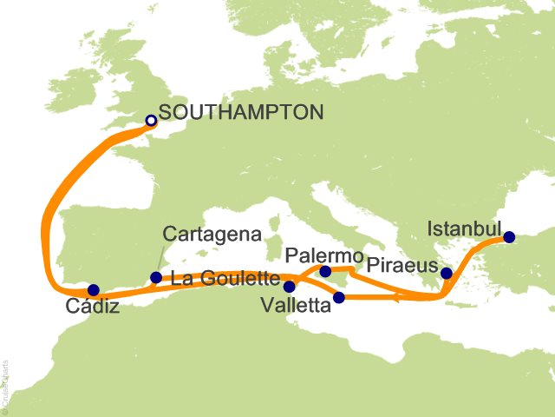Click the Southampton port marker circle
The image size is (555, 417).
point(150,122)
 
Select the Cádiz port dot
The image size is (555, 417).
point(94,290)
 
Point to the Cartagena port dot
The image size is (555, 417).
point(155,278)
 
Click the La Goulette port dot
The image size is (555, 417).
point(289,286)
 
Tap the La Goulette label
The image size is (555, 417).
point(224,280)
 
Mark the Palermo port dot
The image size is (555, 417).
point(324,272)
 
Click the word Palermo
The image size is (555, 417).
point(323,255)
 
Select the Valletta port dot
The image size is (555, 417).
point(339,298)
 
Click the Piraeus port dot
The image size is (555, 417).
point(446,274)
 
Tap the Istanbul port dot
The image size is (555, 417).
point(509,236)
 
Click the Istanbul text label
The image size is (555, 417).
point(465,230)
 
